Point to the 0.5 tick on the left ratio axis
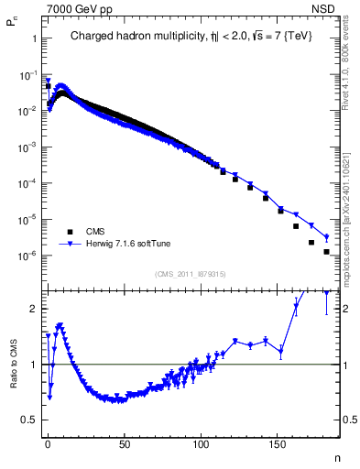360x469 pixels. pos(27,420)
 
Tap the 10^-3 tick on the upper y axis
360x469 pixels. pos(27,147)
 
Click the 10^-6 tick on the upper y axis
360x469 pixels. pos(27,256)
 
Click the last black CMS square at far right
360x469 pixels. pos(326,251)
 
